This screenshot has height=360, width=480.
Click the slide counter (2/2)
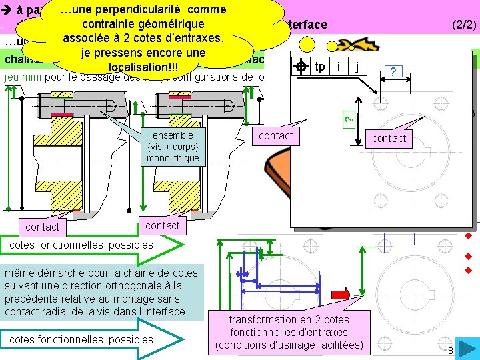click(463, 25)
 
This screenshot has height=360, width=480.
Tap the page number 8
click(451, 351)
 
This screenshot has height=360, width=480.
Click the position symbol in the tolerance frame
click(301, 67)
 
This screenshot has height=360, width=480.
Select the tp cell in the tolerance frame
click(320, 67)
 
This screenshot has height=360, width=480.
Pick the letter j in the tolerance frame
click(358, 67)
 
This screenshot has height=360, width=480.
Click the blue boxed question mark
click(394, 71)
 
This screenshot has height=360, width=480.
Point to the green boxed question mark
click(347, 119)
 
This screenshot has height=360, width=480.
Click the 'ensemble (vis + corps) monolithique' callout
click(172, 146)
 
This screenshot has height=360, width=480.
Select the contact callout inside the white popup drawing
click(389, 138)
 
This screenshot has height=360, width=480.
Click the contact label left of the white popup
click(276, 135)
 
